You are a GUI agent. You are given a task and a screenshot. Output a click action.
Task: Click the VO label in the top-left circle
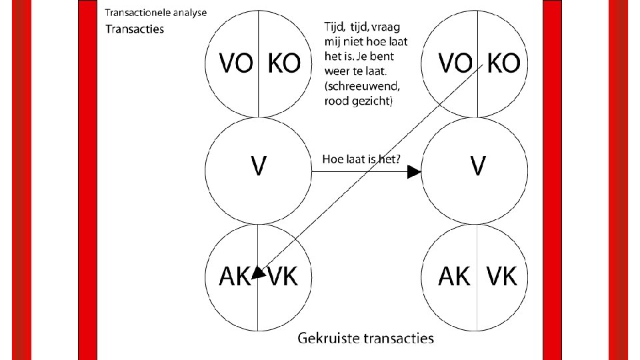tap(235, 63)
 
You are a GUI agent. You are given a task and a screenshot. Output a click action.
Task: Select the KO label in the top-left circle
tap(284, 63)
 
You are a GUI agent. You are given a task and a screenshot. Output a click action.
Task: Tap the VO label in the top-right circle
tap(453, 63)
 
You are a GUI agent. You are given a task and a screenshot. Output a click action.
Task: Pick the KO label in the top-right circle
tap(503, 63)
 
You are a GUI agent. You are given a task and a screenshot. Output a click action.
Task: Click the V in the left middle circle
tap(258, 166)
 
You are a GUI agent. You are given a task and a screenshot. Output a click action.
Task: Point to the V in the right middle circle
tap(477, 166)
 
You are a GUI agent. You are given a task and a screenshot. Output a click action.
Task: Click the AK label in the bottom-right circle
tap(453, 276)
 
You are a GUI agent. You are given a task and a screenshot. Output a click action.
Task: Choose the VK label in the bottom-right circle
tap(502, 276)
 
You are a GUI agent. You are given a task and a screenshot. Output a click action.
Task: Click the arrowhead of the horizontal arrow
tap(415, 173)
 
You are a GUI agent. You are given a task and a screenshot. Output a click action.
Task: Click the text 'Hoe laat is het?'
tap(361, 159)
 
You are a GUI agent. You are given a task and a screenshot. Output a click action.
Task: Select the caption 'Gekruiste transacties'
tap(365, 338)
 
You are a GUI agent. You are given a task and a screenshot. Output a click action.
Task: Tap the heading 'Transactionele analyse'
tap(156, 12)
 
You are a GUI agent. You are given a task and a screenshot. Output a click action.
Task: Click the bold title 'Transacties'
tap(134, 29)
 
